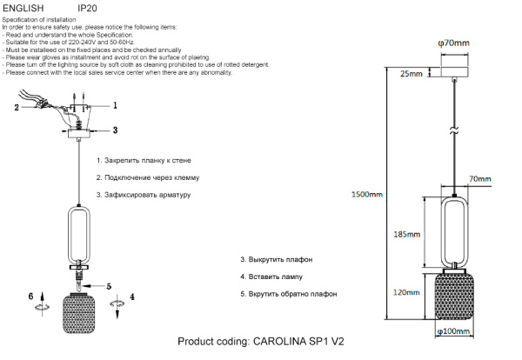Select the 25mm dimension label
point(411,75)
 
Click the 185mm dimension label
point(407,235)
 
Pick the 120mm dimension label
point(406,293)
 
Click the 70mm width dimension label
point(478,179)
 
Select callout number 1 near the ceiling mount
point(114,103)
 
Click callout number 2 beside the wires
point(16,108)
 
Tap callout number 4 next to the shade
point(131,297)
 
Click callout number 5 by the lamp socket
point(109,285)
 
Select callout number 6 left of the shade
point(31,297)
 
